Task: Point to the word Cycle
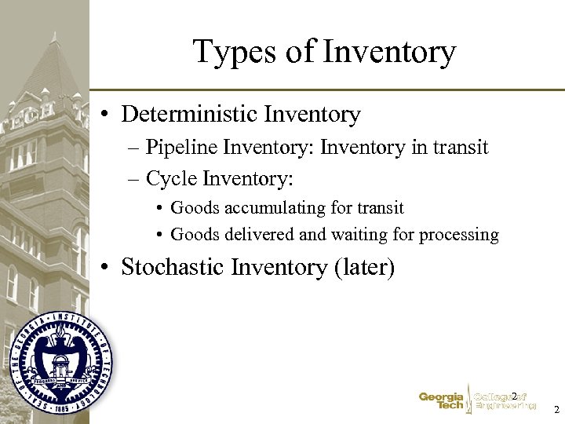click(171, 179)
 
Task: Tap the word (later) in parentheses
click(364, 267)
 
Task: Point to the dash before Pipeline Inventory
click(133, 148)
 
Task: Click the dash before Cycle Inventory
click(133, 180)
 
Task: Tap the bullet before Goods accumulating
click(159, 209)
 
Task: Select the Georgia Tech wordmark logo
click(441, 401)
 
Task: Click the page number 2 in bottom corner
click(556, 410)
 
